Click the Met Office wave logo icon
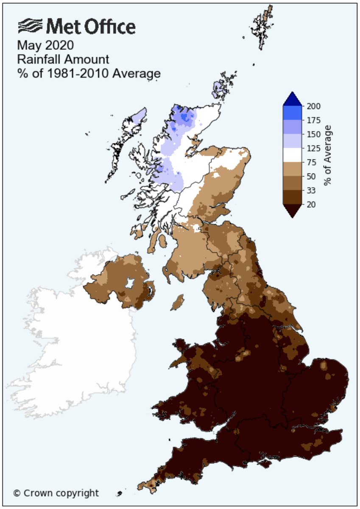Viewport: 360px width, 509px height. pos(31,27)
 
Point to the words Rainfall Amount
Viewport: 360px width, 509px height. pos(57,59)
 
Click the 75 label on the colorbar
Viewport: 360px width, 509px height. pos(311,162)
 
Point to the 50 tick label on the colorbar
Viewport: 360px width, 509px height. pos(311,176)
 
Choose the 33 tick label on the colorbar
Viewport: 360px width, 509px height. pos(311,190)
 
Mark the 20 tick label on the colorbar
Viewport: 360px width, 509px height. pos(311,204)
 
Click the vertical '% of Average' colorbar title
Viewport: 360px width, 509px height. pos(328,155)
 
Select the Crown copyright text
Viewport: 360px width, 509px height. pos(56,493)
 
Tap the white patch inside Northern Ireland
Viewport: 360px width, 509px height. pos(129,283)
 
